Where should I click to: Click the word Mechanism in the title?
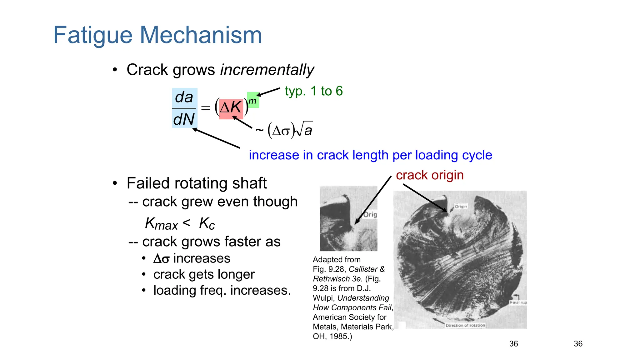click(x=201, y=35)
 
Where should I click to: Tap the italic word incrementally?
click(x=267, y=70)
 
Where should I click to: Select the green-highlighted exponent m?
click(x=252, y=101)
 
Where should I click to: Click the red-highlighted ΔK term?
click(x=231, y=108)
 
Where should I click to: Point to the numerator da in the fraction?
click(x=184, y=97)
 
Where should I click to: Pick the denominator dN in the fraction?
click(x=184, y=119)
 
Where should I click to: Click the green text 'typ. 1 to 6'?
click(x=314, y=91)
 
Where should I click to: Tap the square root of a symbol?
click(x=305, y=129)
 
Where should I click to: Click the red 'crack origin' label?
click(x=430, y=175)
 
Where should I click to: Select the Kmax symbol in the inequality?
click(x=161, y=224)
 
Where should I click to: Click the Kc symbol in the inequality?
click(x=207, y=224)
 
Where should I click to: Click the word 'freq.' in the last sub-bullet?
click(x=213, y=290)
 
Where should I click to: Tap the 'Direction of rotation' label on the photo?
click(x=465, y=325)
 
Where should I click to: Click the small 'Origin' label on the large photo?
click(x=461, y=207)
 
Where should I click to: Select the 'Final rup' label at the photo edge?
click(x=518, y=302)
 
